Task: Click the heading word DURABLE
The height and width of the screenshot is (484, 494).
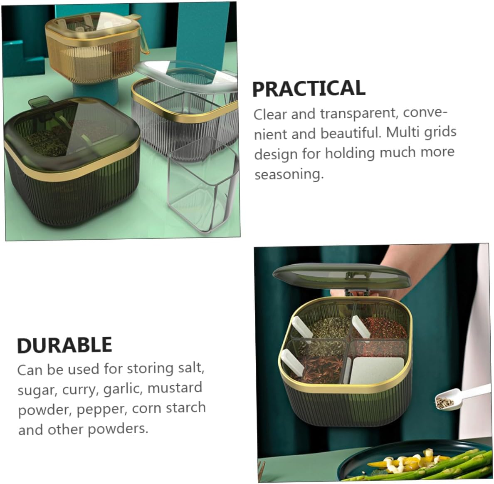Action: [64, 345]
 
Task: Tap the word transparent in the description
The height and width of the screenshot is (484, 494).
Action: [358, 114]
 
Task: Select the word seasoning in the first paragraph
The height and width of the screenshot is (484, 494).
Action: [289, 174]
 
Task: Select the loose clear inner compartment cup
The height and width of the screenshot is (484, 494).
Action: [202, 186]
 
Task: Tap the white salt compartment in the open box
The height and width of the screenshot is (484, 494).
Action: [376, 370]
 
